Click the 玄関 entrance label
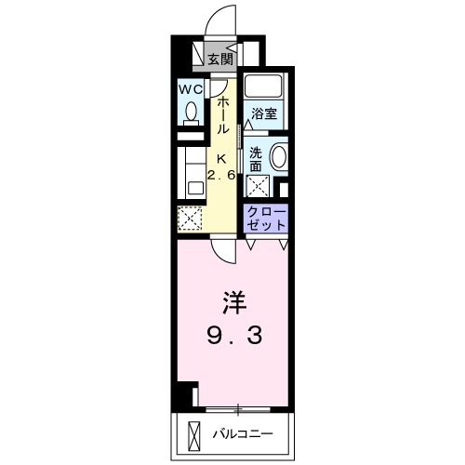220,60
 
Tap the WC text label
191,90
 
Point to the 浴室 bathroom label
264,113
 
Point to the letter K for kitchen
222,157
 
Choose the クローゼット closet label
266,219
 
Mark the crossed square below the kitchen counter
190,219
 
